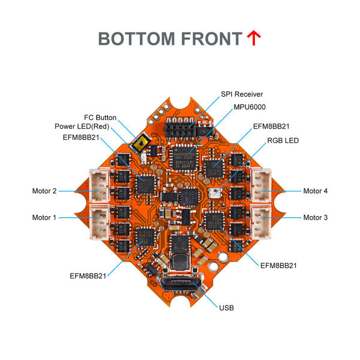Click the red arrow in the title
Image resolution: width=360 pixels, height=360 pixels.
point(254,38)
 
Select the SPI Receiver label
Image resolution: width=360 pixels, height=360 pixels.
point(242,94)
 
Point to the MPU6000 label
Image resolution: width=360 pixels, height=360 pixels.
point(250,107)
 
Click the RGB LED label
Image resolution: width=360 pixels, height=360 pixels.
point(282,141)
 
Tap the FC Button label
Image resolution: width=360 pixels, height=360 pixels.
point(100,118)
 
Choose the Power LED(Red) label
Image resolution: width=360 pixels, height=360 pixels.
point(85,127)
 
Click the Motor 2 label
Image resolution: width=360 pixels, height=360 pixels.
point(44,191)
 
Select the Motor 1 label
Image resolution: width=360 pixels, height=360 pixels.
point(44,217)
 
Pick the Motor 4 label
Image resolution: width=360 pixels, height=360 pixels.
point(316,191)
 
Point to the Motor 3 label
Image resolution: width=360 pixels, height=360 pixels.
point(316,217)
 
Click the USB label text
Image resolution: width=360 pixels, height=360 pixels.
point(227,308)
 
